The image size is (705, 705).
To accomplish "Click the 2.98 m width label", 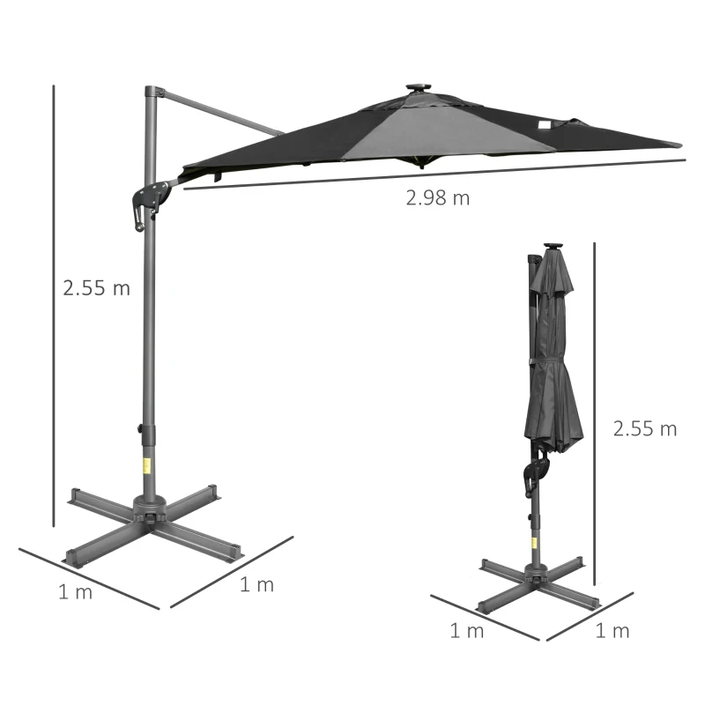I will click(438, 197).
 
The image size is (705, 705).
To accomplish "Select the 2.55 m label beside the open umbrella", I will click(96, 287).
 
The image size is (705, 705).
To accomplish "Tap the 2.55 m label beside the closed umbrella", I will click(645, 429).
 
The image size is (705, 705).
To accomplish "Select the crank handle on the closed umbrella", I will click(533, 471).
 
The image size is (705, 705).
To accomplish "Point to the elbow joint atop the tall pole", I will click(153, 92).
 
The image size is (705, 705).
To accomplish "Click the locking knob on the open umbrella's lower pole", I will click(140, 429).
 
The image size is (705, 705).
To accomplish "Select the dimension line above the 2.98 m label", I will click(432, 174).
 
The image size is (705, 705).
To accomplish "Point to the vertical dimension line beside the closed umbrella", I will click(596, 414).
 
